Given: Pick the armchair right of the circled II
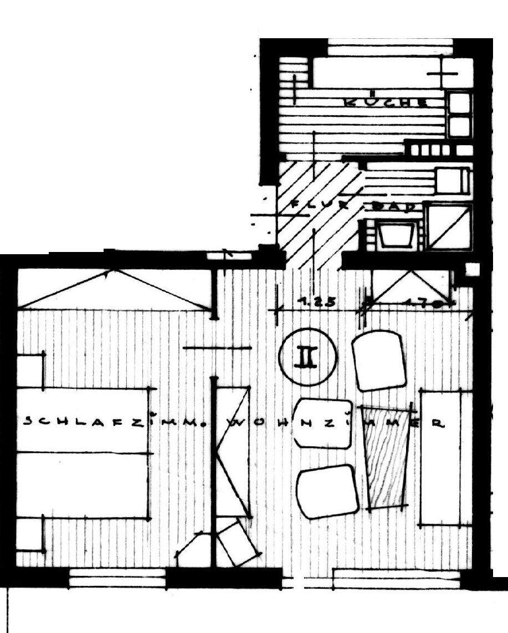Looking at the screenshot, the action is coord(379,360).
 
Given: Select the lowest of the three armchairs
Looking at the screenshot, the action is coord(327,491).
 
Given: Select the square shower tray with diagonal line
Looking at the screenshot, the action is coord(449,227).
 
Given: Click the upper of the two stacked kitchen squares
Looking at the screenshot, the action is coord(459,104).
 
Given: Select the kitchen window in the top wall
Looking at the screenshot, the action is coord(390,49).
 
